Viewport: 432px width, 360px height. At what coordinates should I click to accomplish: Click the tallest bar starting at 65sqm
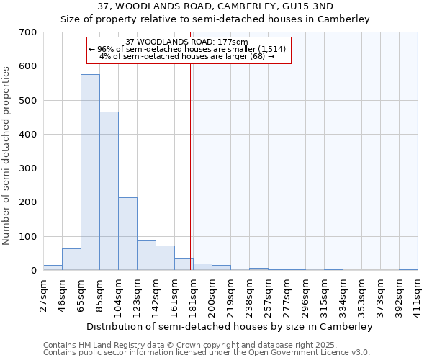90,173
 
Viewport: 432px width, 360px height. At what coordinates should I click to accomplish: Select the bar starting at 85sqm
109,191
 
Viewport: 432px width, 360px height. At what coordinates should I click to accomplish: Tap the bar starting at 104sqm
127,234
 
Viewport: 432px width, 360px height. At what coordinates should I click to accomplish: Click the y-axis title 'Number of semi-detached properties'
7,155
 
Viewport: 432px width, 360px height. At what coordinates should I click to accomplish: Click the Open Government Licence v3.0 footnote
206,352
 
